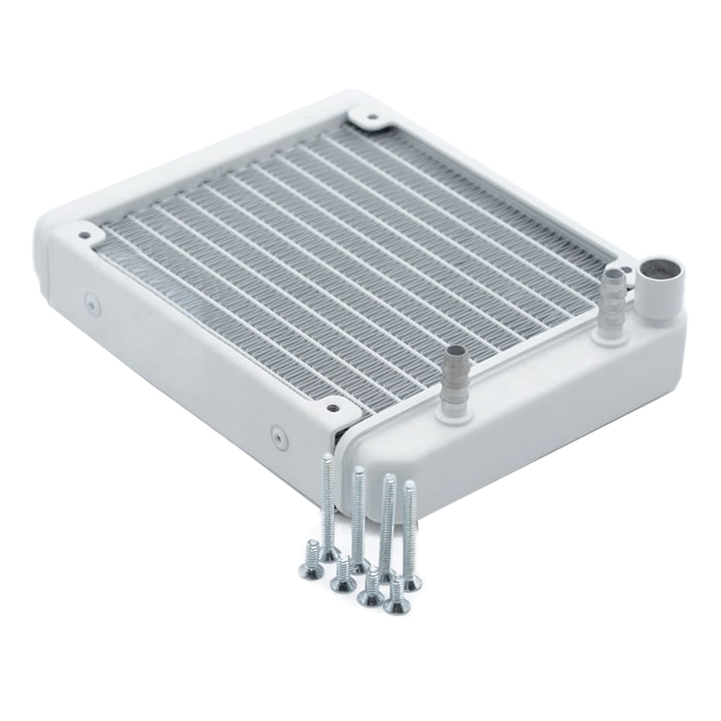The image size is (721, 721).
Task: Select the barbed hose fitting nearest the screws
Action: (453, 380)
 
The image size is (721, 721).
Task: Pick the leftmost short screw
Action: (311, 553)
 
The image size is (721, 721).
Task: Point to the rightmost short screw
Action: (397, 596)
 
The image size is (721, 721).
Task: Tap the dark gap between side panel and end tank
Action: (344, 465)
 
